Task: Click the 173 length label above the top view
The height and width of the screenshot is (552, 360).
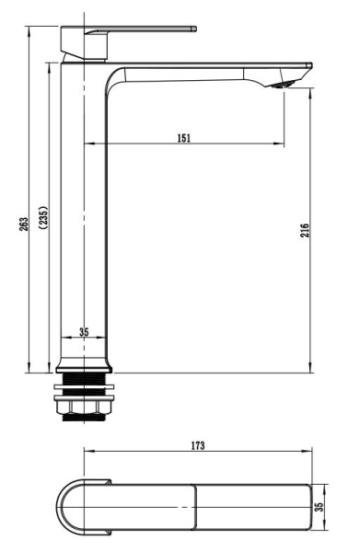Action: tap(198, 445)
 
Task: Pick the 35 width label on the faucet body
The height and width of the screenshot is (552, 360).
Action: tap(84, 332)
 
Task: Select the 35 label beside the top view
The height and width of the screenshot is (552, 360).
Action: tap(321, 506)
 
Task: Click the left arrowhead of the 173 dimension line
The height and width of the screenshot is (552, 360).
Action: tap(87, 452)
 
